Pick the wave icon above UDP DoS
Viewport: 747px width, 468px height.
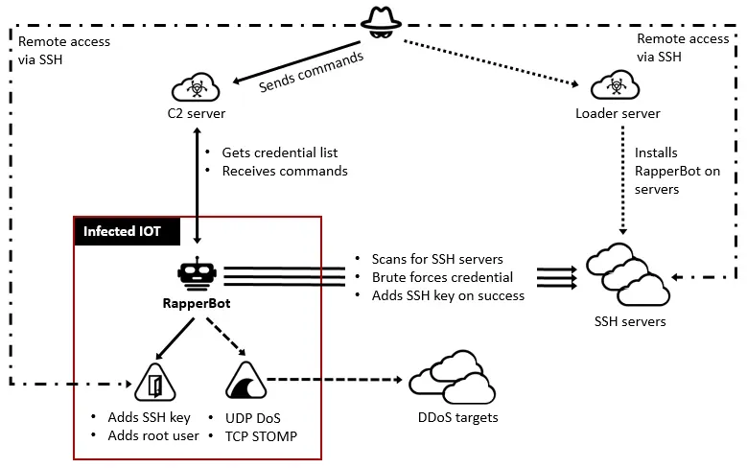click(x=245, y=385)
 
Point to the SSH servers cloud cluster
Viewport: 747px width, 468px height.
click(x=627, y=275)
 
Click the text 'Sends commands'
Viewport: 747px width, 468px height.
click(x=312, y=73)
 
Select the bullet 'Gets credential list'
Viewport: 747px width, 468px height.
click(x=279, y=152)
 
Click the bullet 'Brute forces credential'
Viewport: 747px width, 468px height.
click(x=441, y=277)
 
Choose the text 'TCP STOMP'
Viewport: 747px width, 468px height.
click(x=261, y=435)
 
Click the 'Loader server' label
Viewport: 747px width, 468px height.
click(x=618, y=114)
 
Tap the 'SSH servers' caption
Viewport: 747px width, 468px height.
click(x=629, y=321)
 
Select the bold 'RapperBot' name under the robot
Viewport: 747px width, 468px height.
click(x=197, y=304)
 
